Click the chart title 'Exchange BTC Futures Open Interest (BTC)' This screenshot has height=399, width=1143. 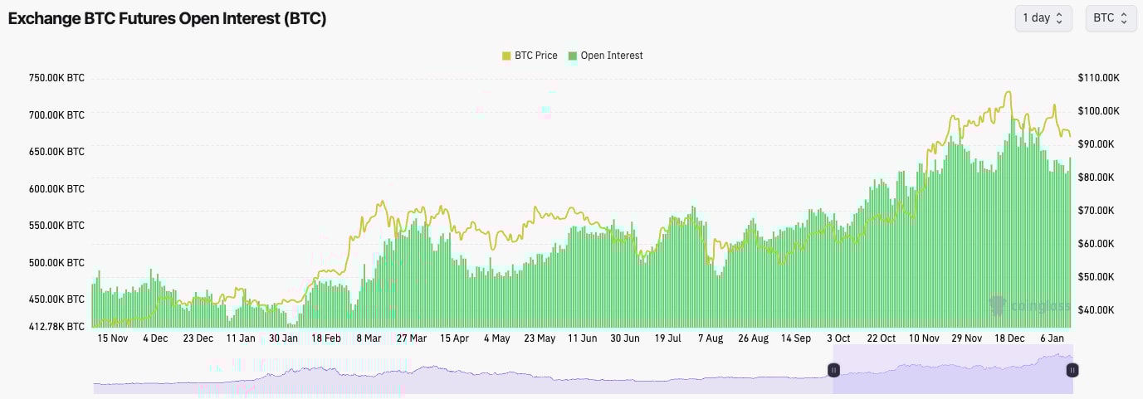tap(167, 19)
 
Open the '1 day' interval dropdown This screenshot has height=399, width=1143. tap(1043, 18)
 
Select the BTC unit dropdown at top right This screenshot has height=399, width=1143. tap(1111, 18)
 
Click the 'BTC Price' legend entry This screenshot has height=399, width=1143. tap(530, 56)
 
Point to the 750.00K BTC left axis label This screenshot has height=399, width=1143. tap(56, 78)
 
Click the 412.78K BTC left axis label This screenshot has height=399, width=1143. tap(56, 326)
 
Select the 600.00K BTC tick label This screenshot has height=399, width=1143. tap(56, 189)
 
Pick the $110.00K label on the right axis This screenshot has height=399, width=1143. tap(1099, 78)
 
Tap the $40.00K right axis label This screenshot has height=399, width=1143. tap(1099, 310)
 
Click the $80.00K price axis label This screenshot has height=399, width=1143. tap(1099, 178)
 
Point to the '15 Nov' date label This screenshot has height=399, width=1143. tap(112, 338)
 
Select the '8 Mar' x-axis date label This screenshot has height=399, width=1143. tap(369, 338)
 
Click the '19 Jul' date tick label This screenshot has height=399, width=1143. tap(667, 338)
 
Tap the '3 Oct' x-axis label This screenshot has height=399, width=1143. tap(838, 338)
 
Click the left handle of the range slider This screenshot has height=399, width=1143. tap(833, 370)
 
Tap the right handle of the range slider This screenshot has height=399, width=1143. tap(1072, 370)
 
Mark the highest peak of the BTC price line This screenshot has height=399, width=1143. tap(1009, 92)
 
